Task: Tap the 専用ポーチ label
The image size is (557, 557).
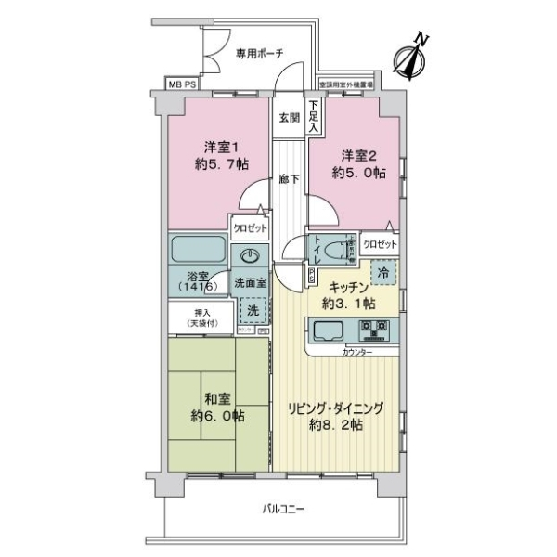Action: pos(258,53)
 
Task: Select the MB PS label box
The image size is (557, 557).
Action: pos(182,84)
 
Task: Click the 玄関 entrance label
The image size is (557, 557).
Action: pos(288,118)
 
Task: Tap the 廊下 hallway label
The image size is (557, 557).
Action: pos(288,179)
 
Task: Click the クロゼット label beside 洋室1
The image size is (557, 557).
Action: pos(250,227)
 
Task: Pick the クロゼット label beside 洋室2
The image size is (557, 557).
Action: pos(380,243)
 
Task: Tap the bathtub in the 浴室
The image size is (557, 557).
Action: pos(197,251)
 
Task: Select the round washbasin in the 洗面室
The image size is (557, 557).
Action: pos(250,256)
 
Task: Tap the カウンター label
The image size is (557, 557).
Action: pos(356,354)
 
